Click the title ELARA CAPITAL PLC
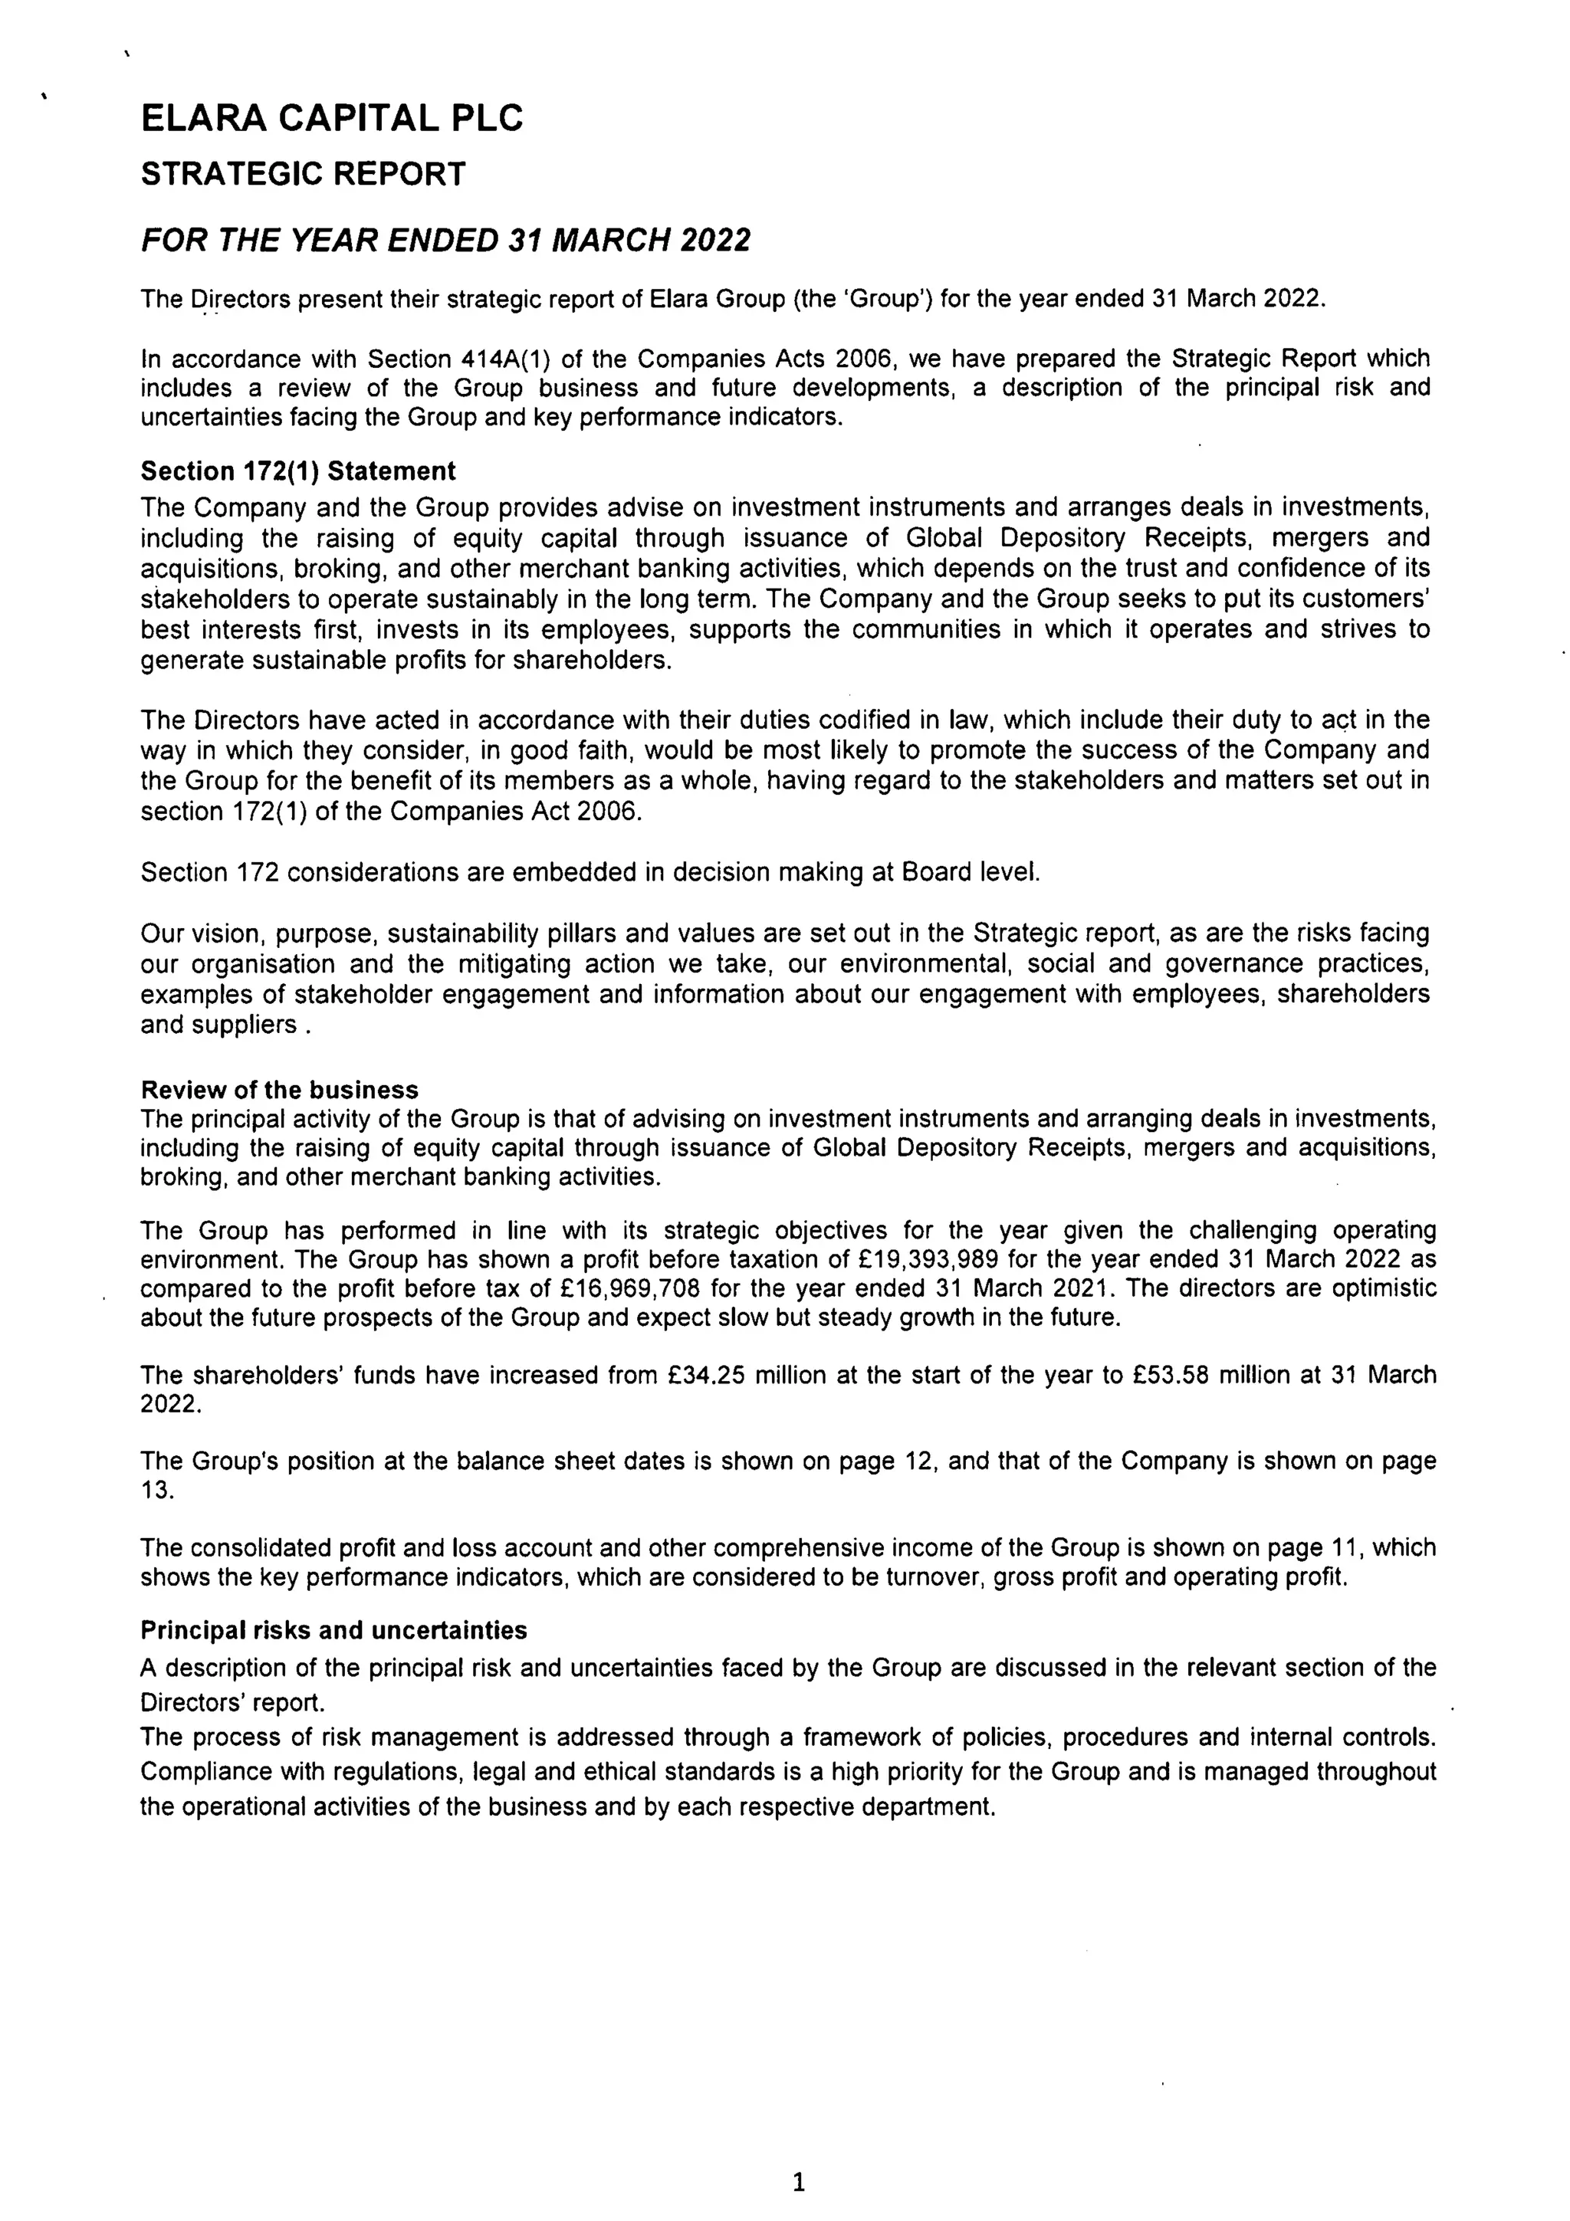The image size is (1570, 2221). point(332,119)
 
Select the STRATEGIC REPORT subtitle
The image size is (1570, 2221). point(303,174)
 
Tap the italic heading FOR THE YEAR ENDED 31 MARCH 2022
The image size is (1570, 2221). point(445,240)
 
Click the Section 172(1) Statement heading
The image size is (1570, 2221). point(298,471)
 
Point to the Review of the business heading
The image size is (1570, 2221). point(280,1089)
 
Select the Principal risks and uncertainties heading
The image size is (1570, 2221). point(333,1630)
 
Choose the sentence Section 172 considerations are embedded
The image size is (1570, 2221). point(590,871)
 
